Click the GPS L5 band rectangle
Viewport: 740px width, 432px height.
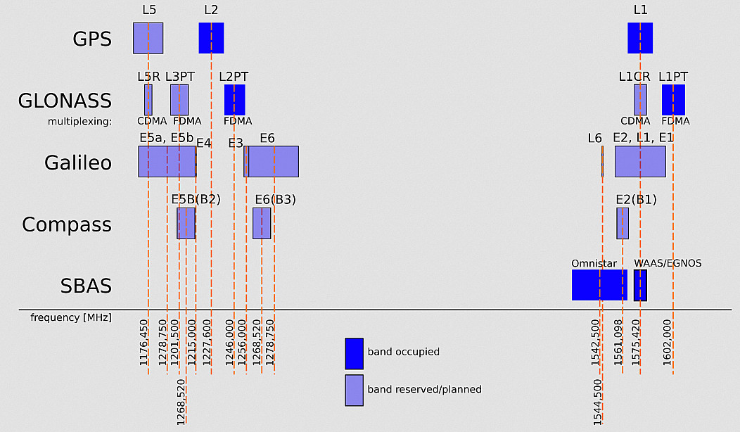[148, 38]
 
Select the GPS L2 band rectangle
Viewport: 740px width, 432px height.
[211, 38]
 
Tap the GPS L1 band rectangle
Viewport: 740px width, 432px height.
[640, 38]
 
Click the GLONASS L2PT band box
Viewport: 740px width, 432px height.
[235, 100]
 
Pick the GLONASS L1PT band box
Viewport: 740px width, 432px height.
[673, 100]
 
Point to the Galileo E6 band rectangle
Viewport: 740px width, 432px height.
[274, 161]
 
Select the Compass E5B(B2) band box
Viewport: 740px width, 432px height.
[186, 223]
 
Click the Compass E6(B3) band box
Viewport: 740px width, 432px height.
[262, 223]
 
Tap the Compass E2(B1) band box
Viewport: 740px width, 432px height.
[623, 223]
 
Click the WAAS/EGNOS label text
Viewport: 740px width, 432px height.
[668, 264]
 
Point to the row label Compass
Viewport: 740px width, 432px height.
[67, 224]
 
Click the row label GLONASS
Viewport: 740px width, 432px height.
[65, 101]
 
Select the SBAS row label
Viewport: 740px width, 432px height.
[85, 286]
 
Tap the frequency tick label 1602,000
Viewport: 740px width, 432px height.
[666, 344]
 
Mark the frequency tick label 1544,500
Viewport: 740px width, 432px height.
[598, 402]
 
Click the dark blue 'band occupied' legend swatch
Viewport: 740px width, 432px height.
[354, 353]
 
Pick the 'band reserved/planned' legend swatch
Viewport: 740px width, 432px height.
[354, 390]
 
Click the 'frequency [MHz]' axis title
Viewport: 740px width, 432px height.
[71, 318]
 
